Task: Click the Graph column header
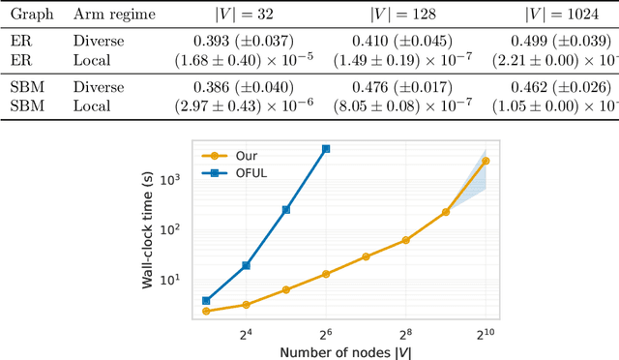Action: (x=26, y=15)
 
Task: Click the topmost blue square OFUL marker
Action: (x=326, y=149)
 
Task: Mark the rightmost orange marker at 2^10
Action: (x=486, y=161)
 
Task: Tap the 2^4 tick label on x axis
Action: (x=246, y=332)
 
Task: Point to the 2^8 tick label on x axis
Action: (x=405, y=332)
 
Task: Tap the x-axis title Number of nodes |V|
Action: (x=345, y=350)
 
